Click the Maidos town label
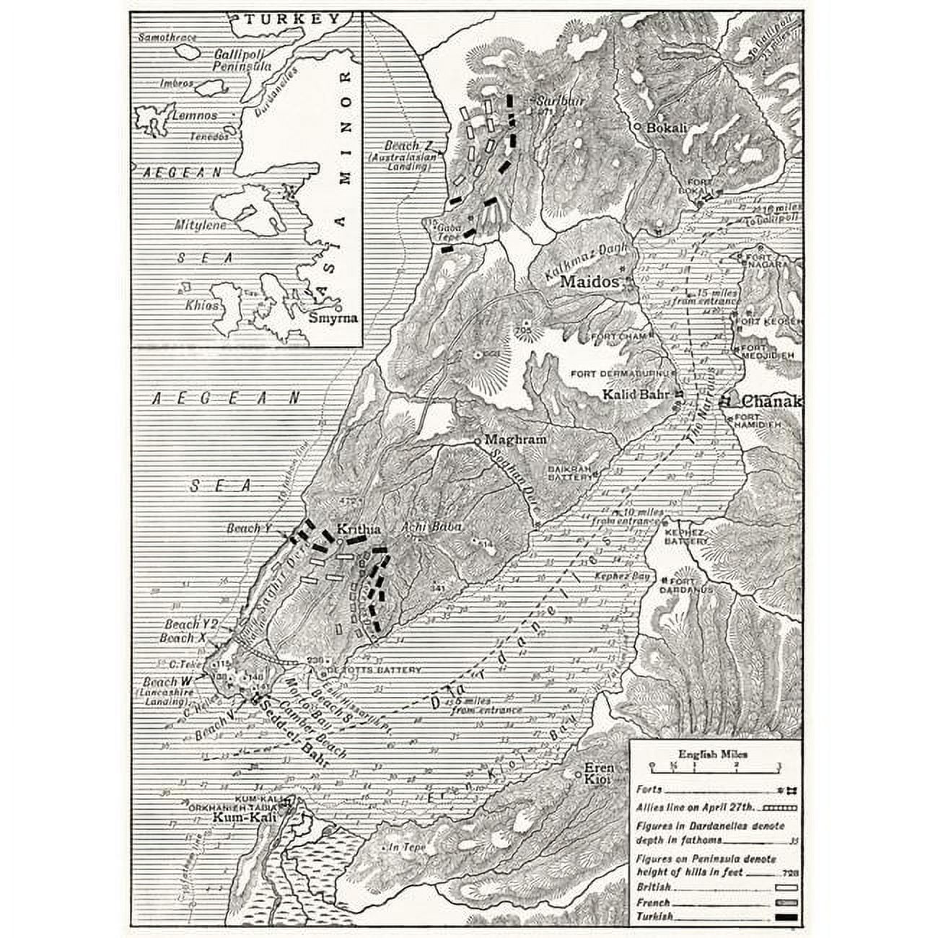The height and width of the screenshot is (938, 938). pyautogui.click(x=589, y=281)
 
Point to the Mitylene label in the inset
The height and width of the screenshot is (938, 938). pyautogui.click(x=200, y=225)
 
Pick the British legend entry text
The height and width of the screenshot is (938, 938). pyautogui.click(x=653, y=887)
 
